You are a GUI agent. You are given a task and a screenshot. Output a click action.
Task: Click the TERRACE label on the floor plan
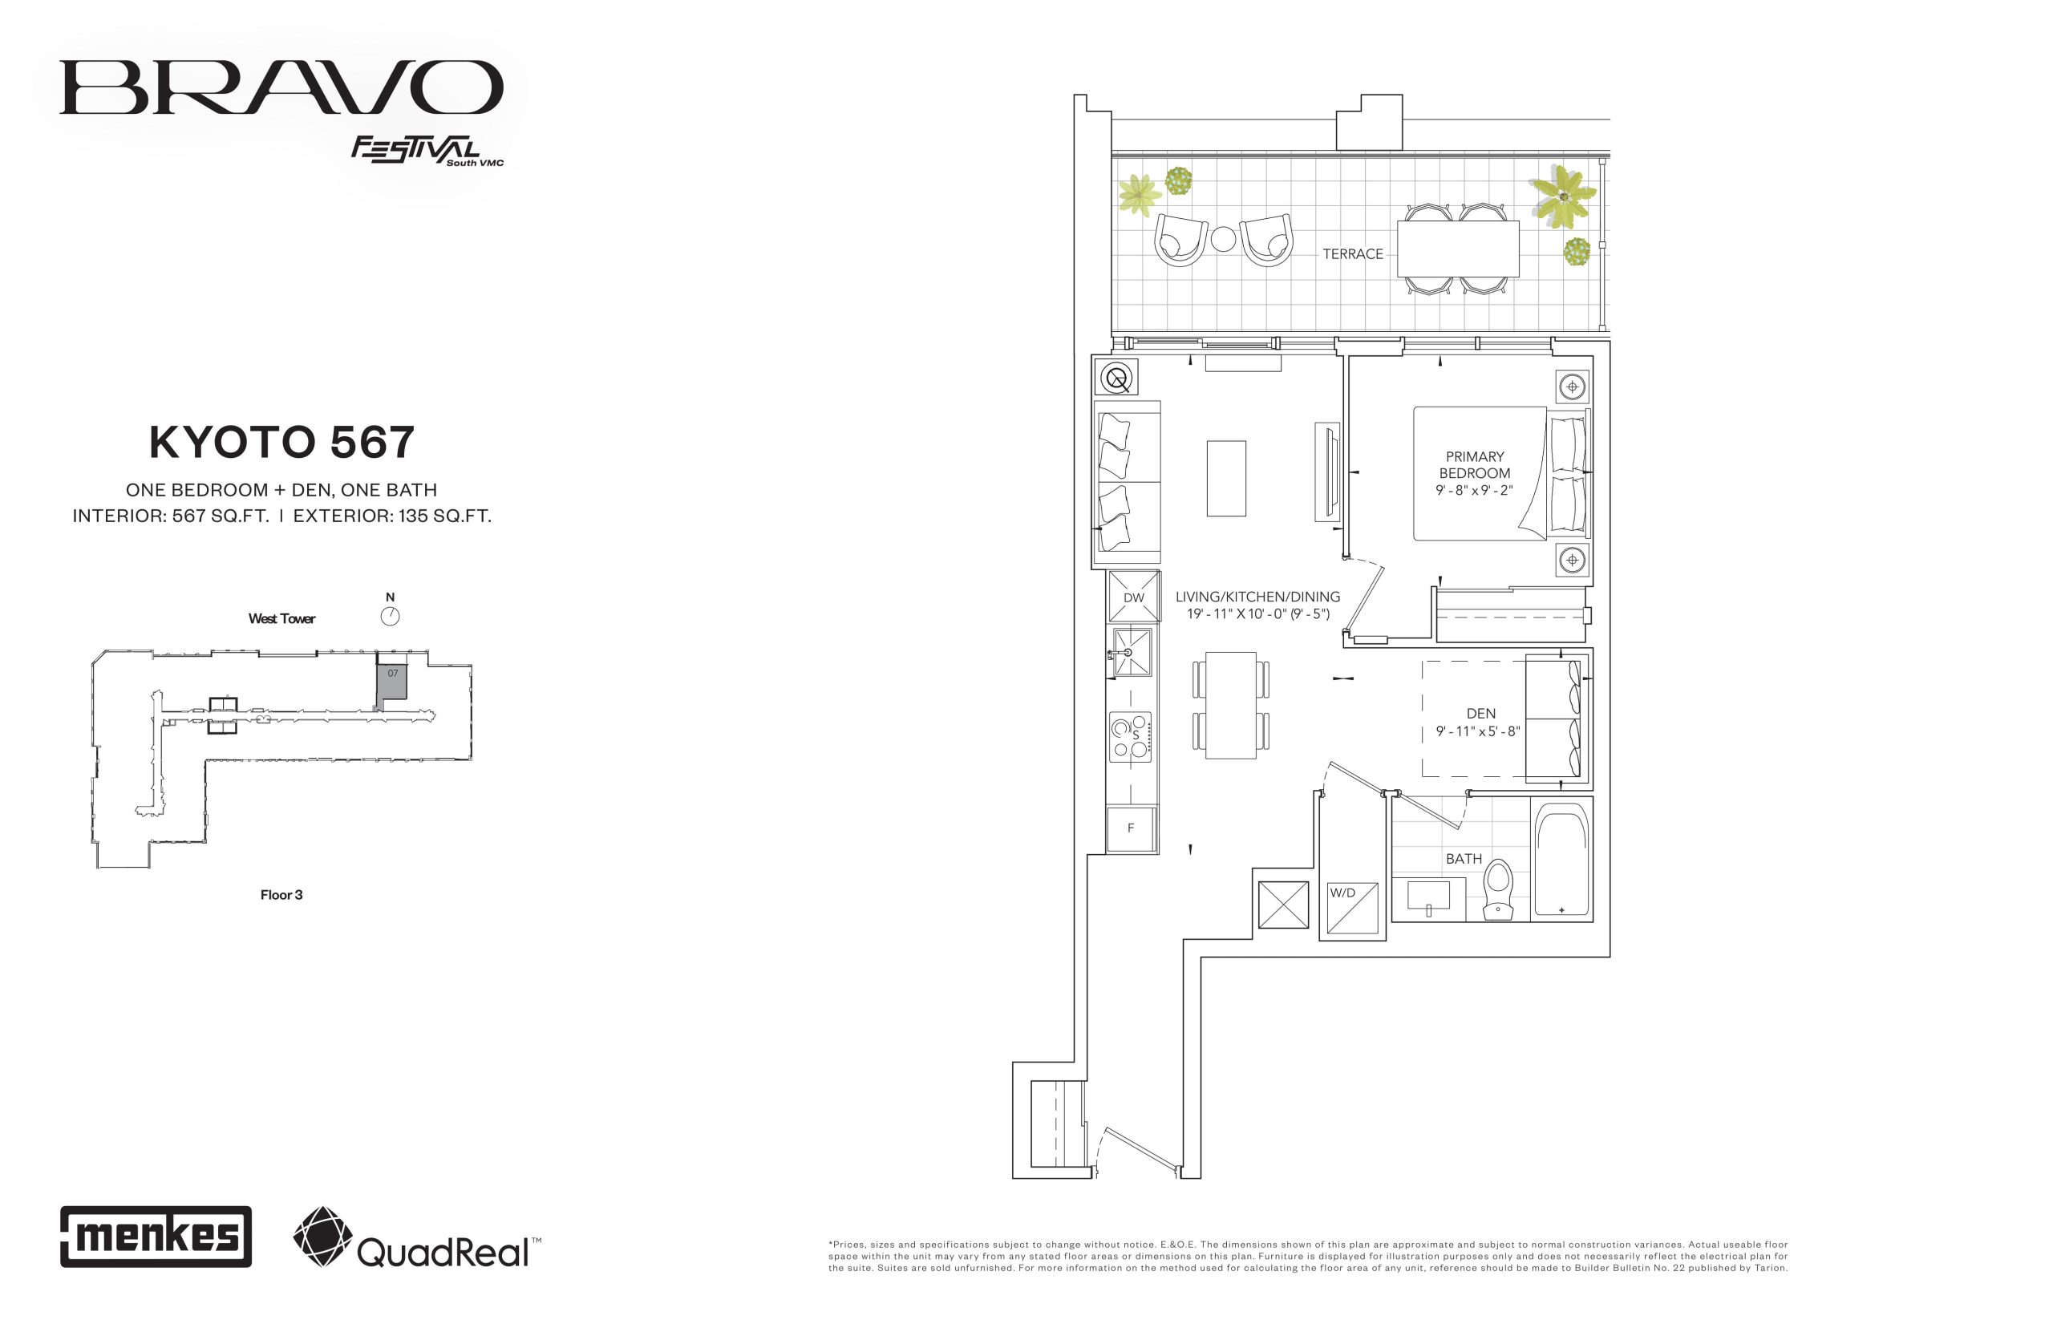click(x=1352, y=253)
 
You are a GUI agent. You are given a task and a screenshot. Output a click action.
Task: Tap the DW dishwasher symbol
click(x=1133, y=596)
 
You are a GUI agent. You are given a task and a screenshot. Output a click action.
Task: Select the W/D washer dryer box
click(x=1351, y=908)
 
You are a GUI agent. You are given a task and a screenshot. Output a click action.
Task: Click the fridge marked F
click(x=1132, y=828)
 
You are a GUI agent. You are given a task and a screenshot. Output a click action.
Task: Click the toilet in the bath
click(x=1498, y=889)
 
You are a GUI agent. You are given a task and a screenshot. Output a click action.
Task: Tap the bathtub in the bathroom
click(x=1561, y=860)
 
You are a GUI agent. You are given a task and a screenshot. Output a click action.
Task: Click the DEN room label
click(x=1480, y=713)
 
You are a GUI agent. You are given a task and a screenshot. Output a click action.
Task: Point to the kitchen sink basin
click(x=1132, y=653)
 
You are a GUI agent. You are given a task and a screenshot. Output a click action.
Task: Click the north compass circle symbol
click(x=390, y=616)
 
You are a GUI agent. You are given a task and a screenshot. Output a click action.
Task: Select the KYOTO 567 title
click(x=282, y=443)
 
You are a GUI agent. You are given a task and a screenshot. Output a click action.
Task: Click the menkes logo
click(x=156, y=1237)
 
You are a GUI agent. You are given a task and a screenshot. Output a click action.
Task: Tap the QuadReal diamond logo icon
click(x=322, y=1237)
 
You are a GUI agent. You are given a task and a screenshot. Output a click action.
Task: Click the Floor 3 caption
click(x=281, y=895)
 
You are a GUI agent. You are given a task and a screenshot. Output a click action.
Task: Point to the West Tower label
click(x=282, y=618)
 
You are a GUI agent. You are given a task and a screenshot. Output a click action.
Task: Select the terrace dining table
click(x=1457, y=249)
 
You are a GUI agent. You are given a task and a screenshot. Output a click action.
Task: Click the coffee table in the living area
click(x=1225, y=479)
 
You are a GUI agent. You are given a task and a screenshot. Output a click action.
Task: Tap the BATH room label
click(x=1464, y=859)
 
